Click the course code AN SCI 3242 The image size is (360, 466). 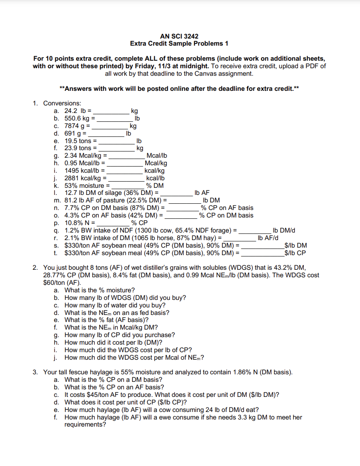click(x=179, y=36)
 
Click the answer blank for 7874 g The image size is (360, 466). click(x=110, y=126)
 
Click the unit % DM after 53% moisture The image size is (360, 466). click(x=155, y=186)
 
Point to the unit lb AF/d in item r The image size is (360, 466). click(x=268, y=238)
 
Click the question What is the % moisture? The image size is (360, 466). click(x=97, y=290)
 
